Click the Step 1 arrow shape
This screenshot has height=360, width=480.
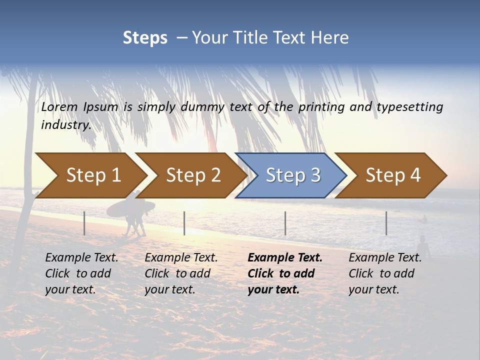(93, 175)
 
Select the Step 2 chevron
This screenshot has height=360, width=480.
(193, 175)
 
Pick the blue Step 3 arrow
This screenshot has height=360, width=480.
(292, 175)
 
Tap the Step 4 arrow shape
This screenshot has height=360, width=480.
(392, 175)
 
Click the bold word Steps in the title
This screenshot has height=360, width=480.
(145, 37)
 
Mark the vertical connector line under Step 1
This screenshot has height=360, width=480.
(84, 223)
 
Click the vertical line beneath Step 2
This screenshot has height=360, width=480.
(184, 223)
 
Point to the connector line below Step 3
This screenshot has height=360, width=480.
(285, 223)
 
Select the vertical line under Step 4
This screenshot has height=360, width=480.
(386, 223)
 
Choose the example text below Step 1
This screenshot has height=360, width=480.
(81, 273)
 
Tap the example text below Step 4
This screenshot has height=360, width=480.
(385, 273)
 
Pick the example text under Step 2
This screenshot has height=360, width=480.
(181, 273)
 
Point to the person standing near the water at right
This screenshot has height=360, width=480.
(423, 247)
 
